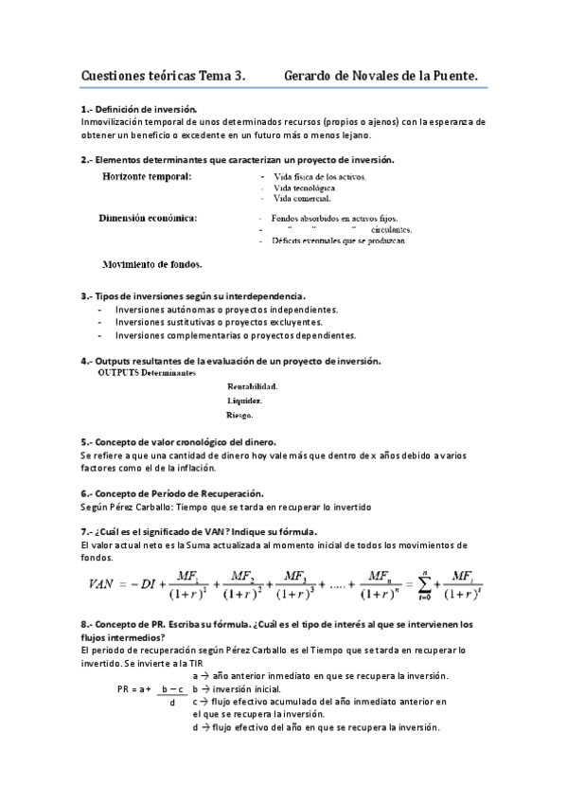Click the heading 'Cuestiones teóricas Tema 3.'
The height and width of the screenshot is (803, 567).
coord(163,73)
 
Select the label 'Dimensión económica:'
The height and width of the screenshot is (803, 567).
coord(149,219)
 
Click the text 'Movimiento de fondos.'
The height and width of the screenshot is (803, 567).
coord(152,264)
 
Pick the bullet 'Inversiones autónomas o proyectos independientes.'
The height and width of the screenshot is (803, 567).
coord(225,310)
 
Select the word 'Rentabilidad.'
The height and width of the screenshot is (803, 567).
coord(253,386)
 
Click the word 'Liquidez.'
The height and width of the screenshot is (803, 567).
coord(244,401)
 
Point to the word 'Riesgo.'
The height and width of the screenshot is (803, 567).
coord(240,415)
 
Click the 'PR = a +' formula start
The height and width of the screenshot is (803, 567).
coord(134,689)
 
